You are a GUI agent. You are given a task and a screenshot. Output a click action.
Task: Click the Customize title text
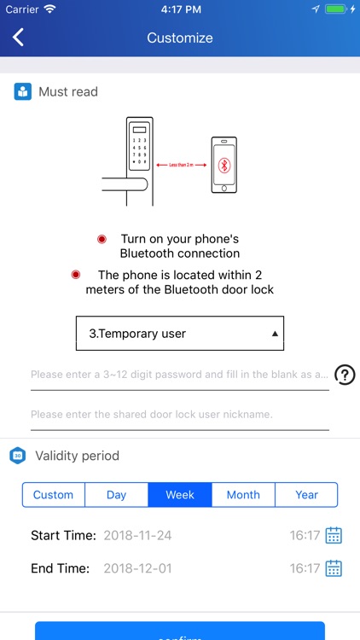click(180, 38)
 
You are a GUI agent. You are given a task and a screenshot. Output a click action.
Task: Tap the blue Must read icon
click(23, 91)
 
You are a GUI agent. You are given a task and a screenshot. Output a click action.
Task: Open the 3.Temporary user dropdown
click(179, 334)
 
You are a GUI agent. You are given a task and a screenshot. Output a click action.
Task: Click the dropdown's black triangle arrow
click(275, 335)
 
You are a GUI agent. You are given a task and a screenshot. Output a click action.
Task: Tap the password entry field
click(179, 375)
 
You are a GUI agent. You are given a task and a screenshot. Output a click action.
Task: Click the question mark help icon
click(345, 375)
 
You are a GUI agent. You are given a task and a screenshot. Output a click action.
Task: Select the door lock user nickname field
click(179, 415)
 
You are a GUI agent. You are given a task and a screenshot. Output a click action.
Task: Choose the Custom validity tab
click(53, 495)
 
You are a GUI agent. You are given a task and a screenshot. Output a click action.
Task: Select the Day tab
click(116, 495)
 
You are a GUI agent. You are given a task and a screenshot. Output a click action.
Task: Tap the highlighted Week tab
click(179, 495)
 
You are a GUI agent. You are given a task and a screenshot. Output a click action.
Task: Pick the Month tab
click(243, 495)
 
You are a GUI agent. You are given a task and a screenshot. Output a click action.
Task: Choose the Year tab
click(306, 495)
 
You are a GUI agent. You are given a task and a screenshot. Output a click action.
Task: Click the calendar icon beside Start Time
click(334, 536)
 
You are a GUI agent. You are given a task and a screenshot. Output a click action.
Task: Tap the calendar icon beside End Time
click(334, 568)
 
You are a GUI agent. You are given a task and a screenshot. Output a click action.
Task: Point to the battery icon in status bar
click(339, 9)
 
